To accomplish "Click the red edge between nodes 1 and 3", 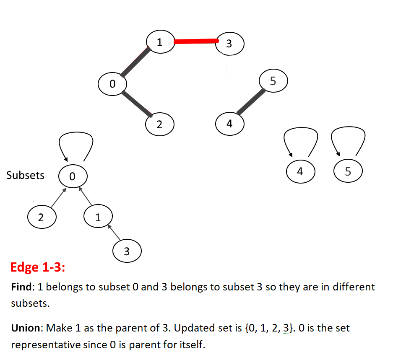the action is click(196, 41).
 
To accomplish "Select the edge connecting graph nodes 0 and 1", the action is click(135, 62).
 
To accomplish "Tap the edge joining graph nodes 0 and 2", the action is click(137, 104).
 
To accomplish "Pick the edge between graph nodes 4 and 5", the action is click(251, 102).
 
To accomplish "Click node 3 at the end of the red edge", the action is click(229, 44).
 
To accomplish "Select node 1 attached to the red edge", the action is click(160, 42).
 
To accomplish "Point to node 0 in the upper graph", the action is click(112, 84).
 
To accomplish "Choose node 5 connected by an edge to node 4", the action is click(273, 81).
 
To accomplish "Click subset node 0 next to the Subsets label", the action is click(73, 176).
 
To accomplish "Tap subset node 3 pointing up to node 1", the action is click(127, 251).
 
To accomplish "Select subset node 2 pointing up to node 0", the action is click(42, 217).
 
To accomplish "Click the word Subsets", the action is click(25, 175).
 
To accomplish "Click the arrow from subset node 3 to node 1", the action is click(114, 232).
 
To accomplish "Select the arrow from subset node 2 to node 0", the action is click(58, 198).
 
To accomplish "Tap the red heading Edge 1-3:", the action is click(38, 267).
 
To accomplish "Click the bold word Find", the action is click(21, 287).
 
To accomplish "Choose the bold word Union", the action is click(26, 328).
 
